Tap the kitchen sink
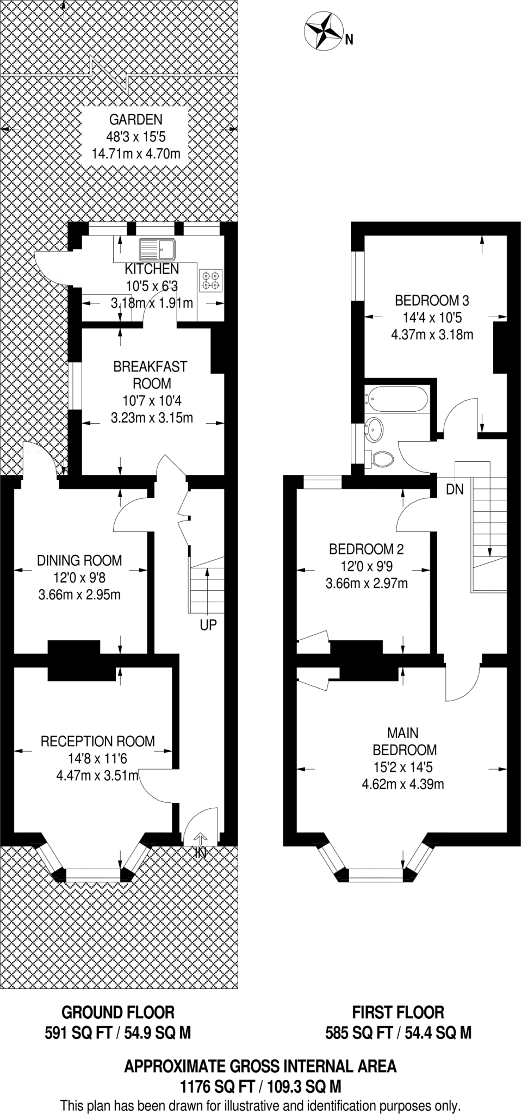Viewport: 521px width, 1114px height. tap(157, 250)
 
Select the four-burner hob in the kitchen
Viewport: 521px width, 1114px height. tap(212, 280)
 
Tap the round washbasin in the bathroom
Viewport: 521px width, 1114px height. tap(375, 429)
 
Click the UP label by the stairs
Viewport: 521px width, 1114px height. tap(208, 625)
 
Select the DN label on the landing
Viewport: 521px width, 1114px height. tap(455, 490)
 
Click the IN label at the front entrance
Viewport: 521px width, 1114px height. tap(201, 853)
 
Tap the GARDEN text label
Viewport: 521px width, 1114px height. tap(136, 119)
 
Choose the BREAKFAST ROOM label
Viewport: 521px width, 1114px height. tap(150, 375)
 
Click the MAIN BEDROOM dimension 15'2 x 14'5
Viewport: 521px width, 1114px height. tap(404, 767)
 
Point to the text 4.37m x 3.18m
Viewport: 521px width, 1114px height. tap(432, 335)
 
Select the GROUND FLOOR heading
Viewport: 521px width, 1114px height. tap(118, 1012)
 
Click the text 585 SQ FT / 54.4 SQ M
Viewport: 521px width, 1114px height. tap(398, 1032)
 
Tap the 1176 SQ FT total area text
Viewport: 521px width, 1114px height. tap(260, 1087)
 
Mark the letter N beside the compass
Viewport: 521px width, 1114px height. tap(349, 39)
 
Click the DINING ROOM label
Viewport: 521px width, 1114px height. tap(79, 560)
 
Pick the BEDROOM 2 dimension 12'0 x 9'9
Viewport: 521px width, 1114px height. tap(367, 566)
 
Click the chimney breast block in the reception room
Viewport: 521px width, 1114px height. tap(74, 660)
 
